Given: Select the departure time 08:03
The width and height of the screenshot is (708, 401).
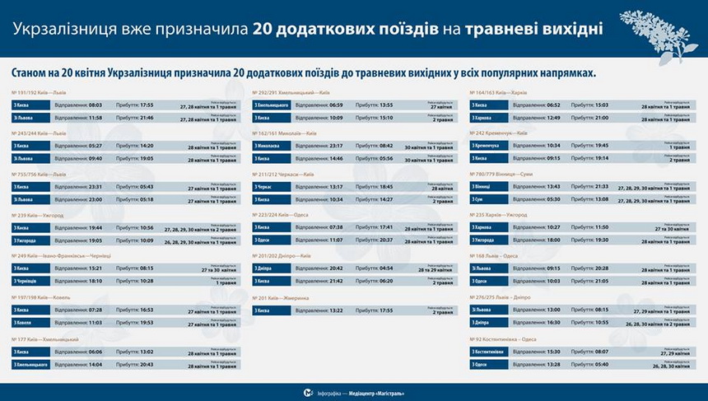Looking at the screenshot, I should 95,105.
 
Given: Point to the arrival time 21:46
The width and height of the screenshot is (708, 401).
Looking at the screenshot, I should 147,118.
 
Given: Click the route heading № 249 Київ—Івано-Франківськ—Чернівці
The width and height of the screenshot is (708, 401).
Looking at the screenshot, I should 62,255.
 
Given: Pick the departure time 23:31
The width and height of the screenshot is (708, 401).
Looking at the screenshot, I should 95,186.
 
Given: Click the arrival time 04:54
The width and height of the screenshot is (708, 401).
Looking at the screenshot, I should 386,268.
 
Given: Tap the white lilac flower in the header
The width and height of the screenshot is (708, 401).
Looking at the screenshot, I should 658,33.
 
